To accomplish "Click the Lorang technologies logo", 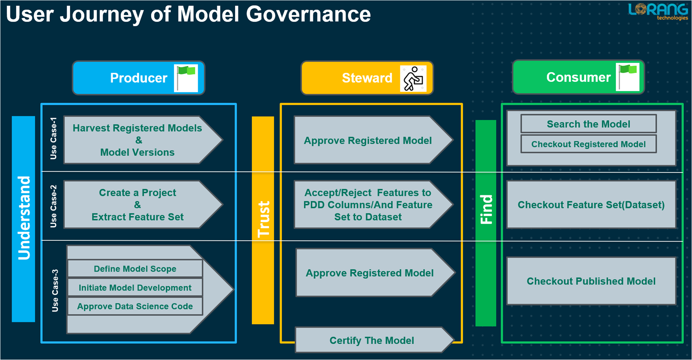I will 658,11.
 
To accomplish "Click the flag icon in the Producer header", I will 186,78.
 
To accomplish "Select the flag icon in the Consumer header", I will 628,77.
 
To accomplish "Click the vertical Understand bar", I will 24,219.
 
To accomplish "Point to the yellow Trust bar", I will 263,220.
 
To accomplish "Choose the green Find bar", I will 486,223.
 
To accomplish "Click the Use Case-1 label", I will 54,139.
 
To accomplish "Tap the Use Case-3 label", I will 55,291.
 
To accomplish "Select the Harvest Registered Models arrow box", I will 137,140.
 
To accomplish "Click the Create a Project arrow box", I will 137,205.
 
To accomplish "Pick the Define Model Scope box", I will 135,269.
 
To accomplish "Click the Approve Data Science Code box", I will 135,307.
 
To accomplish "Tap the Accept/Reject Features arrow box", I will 368,205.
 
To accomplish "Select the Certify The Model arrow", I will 371,340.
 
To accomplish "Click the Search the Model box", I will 588,124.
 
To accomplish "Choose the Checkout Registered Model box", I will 588,144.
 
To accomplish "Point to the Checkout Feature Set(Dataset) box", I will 591,205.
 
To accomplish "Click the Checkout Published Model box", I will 591,281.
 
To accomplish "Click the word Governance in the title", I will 308,14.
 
